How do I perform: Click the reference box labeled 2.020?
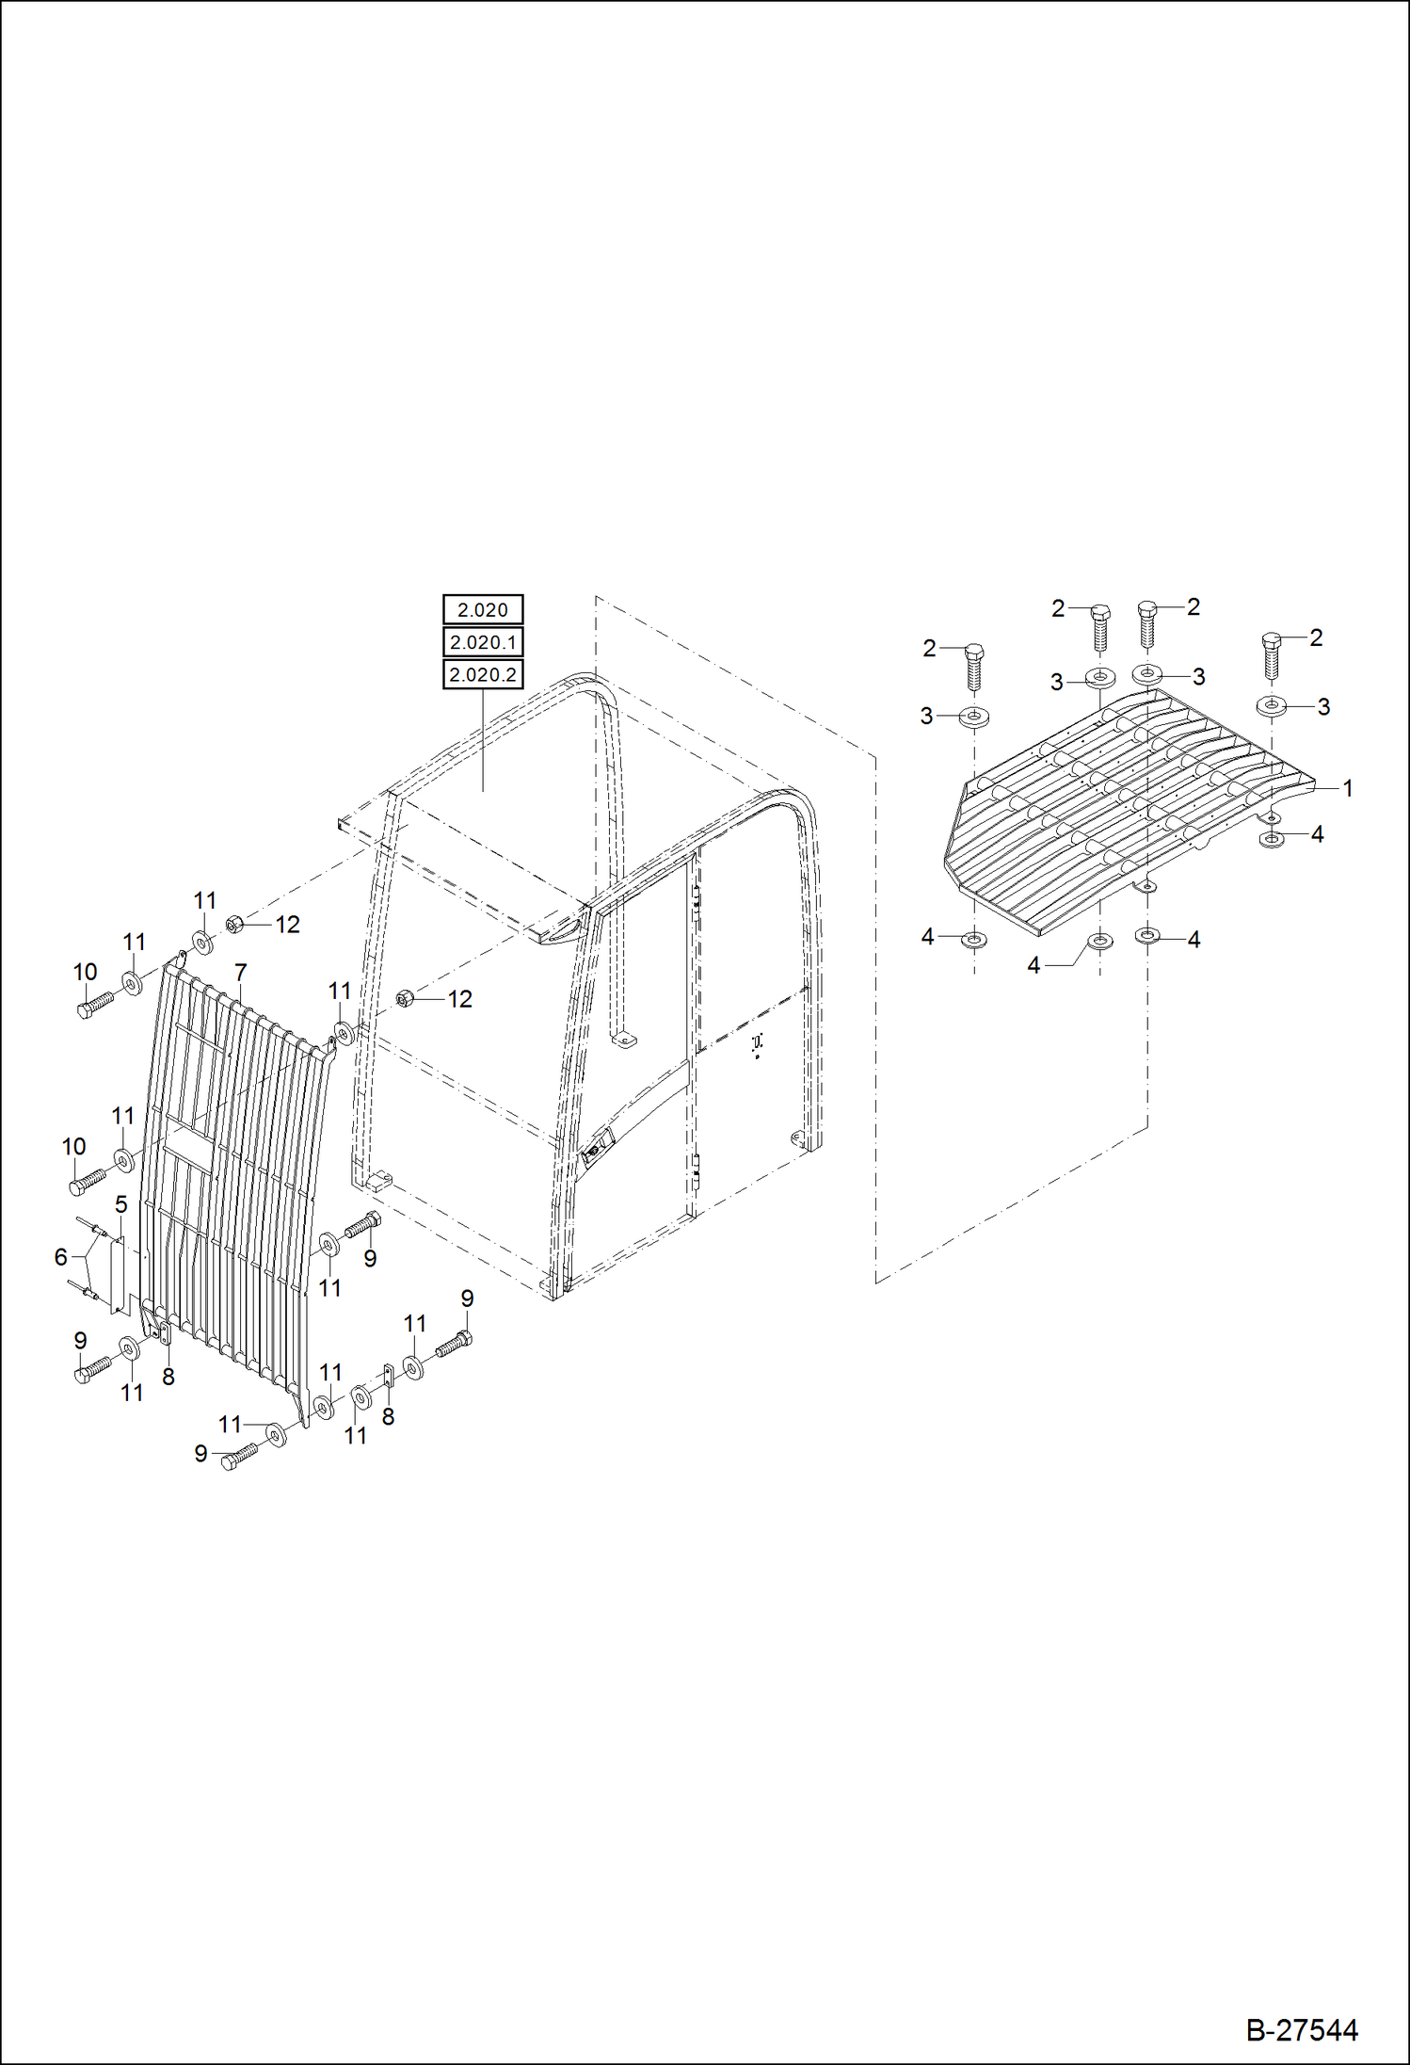(483, 610)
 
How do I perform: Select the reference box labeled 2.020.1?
(483, 642)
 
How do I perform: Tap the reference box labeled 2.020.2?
(483, 674)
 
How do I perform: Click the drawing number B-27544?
(1302, 2030)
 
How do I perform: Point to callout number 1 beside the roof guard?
(1347, 788)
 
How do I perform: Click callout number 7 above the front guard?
(241, 973)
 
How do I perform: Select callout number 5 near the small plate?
(121, 1204)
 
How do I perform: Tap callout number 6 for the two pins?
(61, 1257)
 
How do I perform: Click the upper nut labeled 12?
(235, 924)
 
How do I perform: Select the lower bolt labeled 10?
(88, 1180)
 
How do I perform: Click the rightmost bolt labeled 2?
(1271, 653)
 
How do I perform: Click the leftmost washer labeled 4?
(973, 939)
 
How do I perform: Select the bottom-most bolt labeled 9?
(238, 1457)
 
